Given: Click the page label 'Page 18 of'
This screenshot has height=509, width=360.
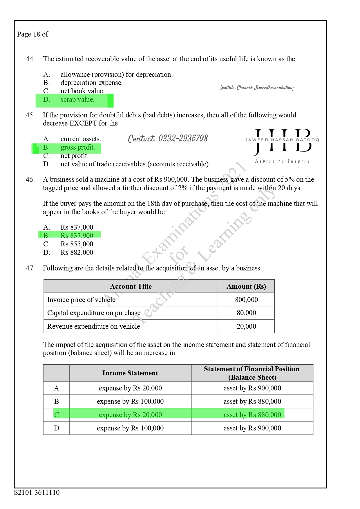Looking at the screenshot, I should click(x=32, y=34).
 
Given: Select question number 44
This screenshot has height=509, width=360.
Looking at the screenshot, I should click(x=30, y=59).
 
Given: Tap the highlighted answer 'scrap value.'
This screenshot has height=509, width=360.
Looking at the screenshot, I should click(x=77, y=100).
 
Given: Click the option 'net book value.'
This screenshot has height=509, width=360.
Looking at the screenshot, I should click(x=82, y=91).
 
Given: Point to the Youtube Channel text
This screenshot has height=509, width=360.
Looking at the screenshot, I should click(x=257, y=88).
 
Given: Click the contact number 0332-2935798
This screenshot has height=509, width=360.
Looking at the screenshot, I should click(x=168, y=139).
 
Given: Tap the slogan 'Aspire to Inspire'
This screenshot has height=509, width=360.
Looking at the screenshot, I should click(x=282, y=161).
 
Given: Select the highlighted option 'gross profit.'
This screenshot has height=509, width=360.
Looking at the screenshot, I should click(x=77, y=148).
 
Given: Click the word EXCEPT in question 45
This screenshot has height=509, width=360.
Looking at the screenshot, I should click(x=83, y=123).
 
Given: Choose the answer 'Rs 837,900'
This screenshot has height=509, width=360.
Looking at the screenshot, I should click(x=77, y=236).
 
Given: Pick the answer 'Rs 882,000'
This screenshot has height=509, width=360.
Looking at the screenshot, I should click(x=77, y=252).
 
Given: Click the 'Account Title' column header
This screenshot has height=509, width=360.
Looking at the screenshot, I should click(x=131, y=286).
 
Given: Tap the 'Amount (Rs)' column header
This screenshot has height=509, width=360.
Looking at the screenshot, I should click(x=246, y=286).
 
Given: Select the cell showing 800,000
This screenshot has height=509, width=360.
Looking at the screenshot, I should click(x=246, y=300).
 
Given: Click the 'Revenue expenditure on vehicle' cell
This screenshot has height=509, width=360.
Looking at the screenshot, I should click(x=93, y=326).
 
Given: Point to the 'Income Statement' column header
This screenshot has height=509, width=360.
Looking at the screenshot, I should click(x=130, y=373).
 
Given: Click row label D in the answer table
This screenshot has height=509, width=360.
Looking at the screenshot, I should click(x=57, y=428).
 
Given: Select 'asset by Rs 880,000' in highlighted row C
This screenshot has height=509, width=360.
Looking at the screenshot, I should click(x=252, y=415).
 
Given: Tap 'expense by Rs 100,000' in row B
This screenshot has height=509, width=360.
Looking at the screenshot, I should click(x=130, y=401).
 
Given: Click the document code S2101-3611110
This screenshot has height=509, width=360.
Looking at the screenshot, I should click(x=37, y=492).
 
